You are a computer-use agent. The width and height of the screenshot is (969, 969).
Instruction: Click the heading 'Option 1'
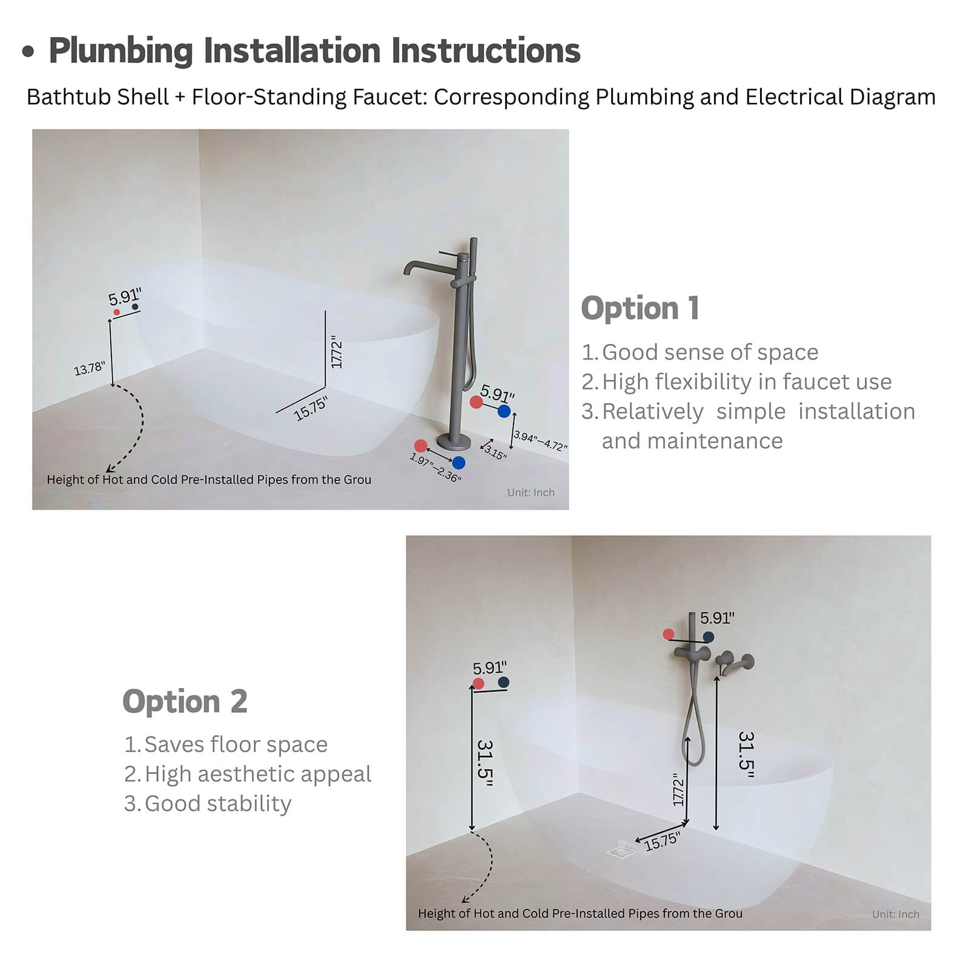coord(640,308)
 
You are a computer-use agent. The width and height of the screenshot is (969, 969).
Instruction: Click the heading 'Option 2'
coord(185,701)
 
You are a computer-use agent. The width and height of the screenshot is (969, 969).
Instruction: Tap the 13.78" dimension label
coord(89,368)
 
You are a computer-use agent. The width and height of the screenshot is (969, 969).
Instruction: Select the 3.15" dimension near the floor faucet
coord(495,452)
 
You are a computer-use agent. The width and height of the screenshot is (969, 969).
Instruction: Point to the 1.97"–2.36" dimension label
coord(435,468)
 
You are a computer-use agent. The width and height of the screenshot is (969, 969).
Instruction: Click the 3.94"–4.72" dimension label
coord(540,440)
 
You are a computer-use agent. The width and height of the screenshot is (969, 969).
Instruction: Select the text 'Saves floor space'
coord(236,744)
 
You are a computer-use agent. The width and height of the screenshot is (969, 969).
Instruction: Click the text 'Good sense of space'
coord(710,352)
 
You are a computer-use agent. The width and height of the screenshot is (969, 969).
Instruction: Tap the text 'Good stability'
coord(217,804)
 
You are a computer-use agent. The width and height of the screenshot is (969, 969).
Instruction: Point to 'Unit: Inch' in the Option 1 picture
coord(531,492)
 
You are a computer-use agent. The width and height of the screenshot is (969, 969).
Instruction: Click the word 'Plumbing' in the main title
coord(121,50)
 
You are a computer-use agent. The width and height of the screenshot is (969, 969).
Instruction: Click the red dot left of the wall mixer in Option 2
coord(668,634)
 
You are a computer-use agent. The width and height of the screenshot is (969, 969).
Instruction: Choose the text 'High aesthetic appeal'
coord(257,774)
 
